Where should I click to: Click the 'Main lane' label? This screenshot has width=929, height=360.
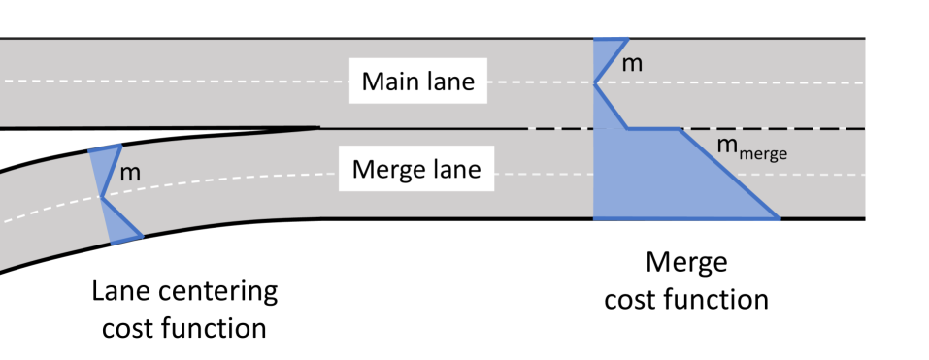coord(417,82)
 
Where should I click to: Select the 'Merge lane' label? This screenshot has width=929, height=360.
coord(415,170)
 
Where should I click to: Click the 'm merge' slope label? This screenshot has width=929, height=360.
coord(750,148)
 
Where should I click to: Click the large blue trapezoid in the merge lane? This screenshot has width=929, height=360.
coord(660,180)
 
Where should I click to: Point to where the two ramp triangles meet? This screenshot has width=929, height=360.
coord(102,197)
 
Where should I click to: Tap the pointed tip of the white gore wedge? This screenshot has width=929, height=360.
coord(318,127)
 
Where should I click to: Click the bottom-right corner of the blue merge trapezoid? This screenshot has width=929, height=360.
coord(779,218)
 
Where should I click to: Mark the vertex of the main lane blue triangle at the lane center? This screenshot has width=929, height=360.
coord(595,83)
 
